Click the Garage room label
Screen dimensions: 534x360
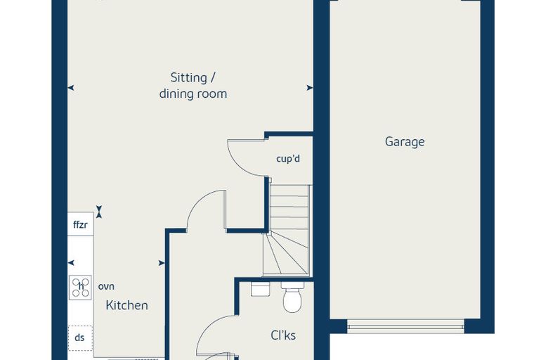coord(405,142)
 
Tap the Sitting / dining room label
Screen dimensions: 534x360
coord(193,86)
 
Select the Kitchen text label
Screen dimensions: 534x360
coord(126,305)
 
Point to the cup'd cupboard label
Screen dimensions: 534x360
coord(288,158)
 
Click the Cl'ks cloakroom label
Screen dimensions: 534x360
coord(283,335)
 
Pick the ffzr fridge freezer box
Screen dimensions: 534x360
coord(80,224)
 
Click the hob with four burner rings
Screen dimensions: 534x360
coord(80,288)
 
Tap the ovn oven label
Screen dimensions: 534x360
coord(106,287)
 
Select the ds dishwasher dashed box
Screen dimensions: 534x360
coord(80,337)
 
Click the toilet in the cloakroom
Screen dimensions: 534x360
coord(292,297)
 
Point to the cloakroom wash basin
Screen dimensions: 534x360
coord(260,289)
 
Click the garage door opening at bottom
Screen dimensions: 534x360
coord(405,326)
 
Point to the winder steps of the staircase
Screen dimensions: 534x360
coord(286,252)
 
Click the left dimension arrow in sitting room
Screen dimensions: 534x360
coord(71,88)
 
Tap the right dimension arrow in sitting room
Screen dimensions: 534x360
coord(310,88)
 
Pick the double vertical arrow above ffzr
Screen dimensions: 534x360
coord(99,212)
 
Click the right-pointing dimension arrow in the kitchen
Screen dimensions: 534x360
coord(162,263)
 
